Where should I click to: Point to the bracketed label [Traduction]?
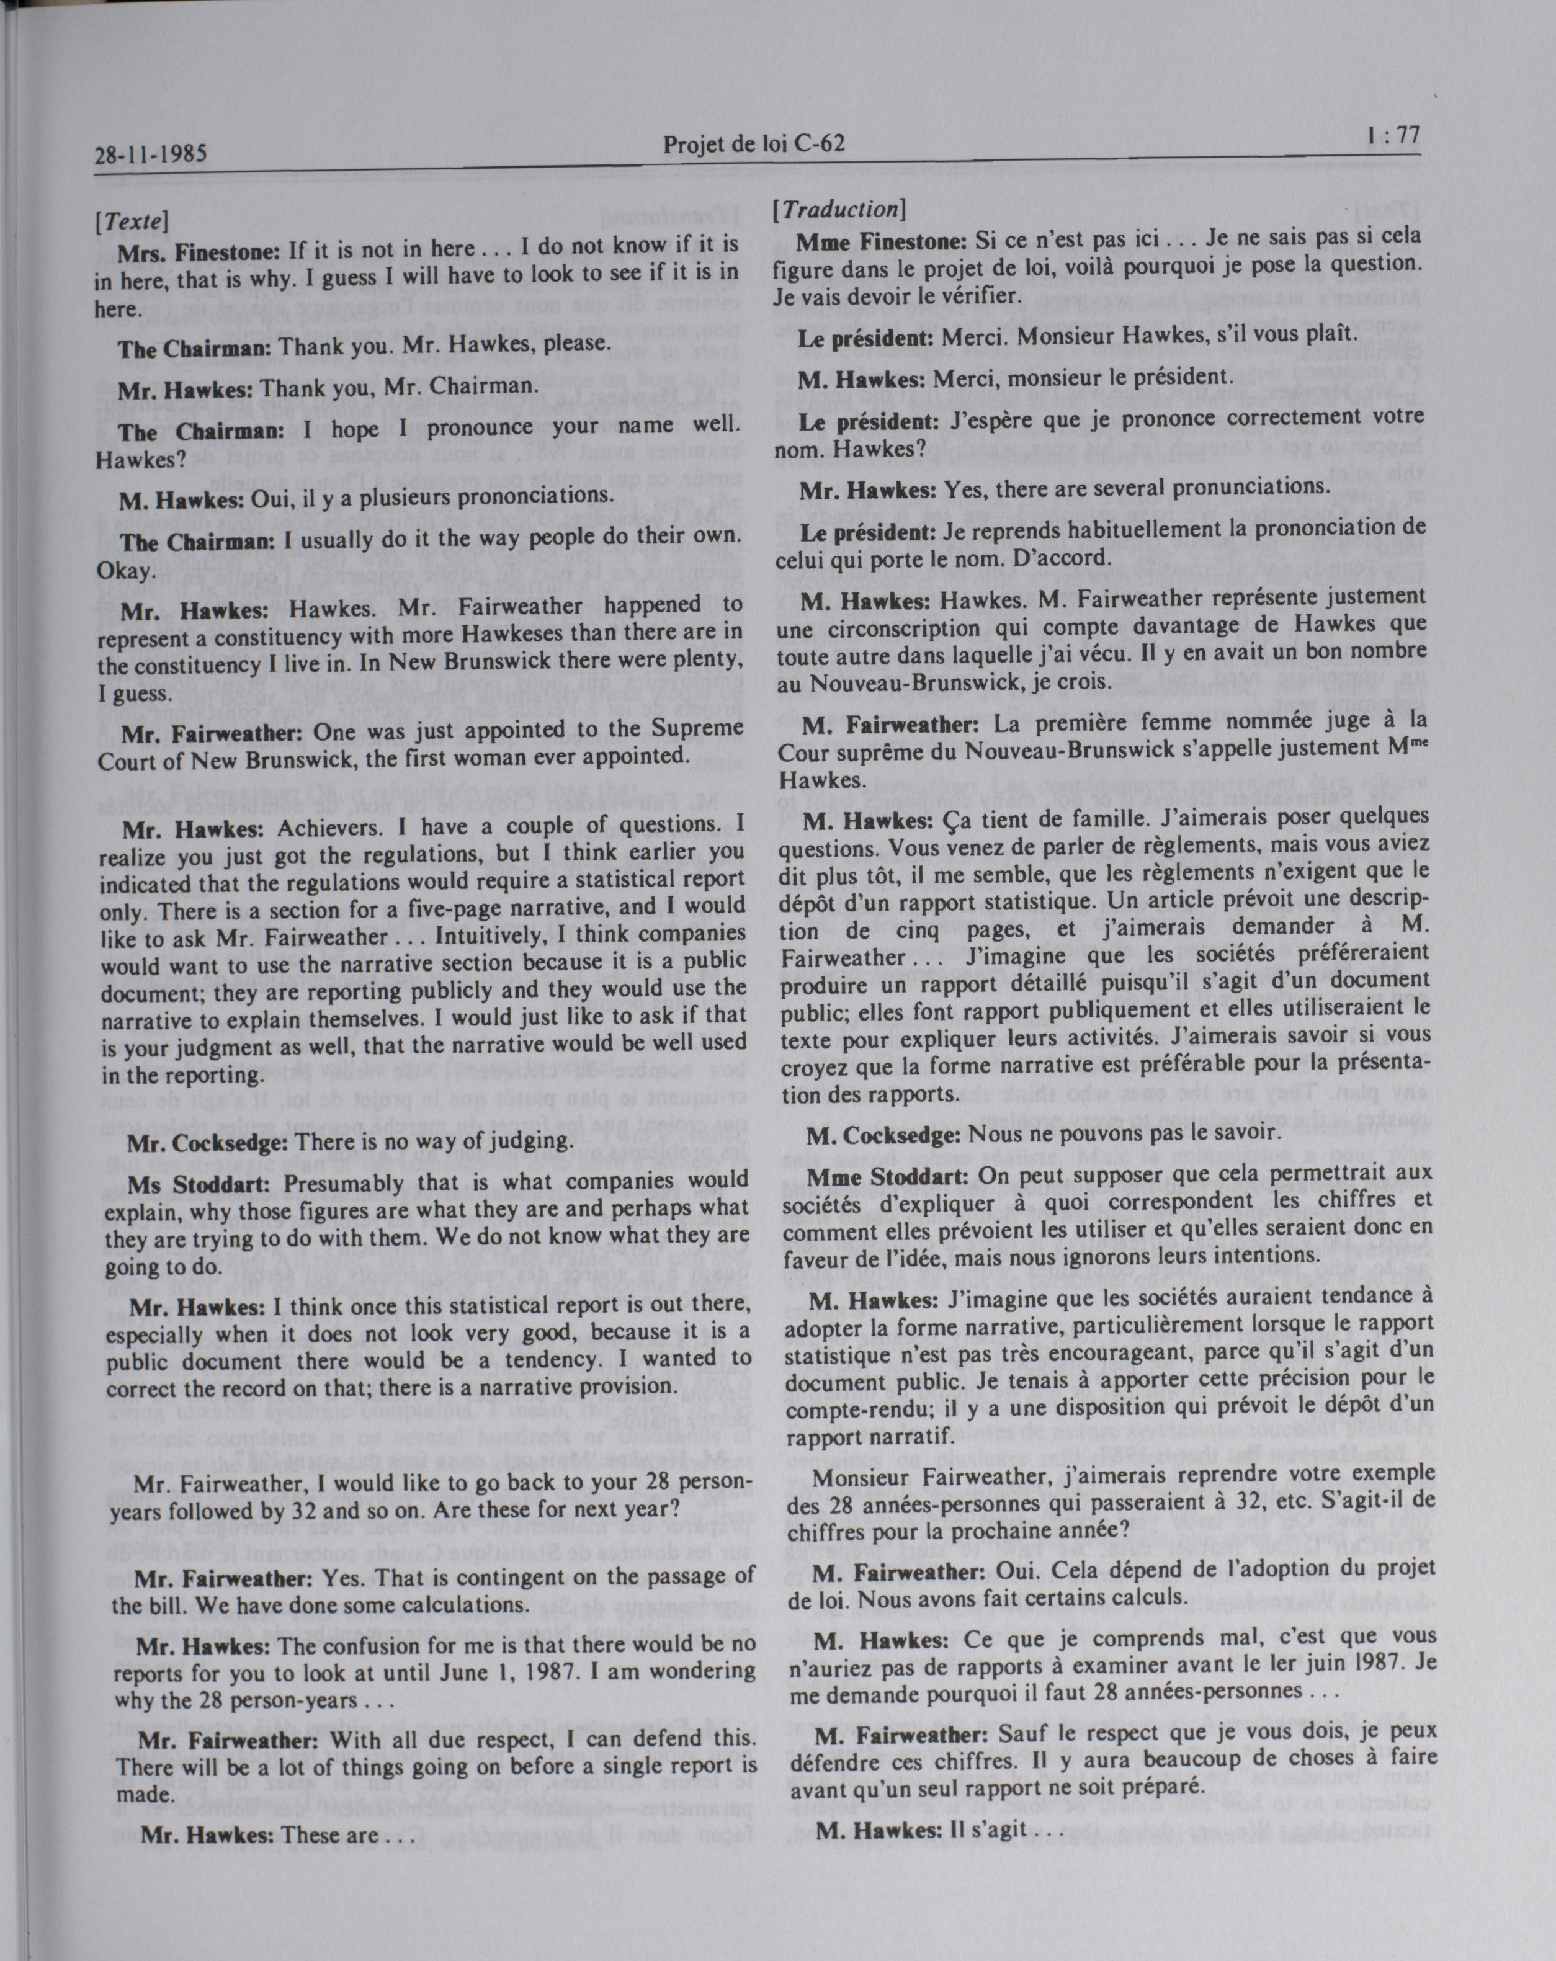(838, 209)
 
